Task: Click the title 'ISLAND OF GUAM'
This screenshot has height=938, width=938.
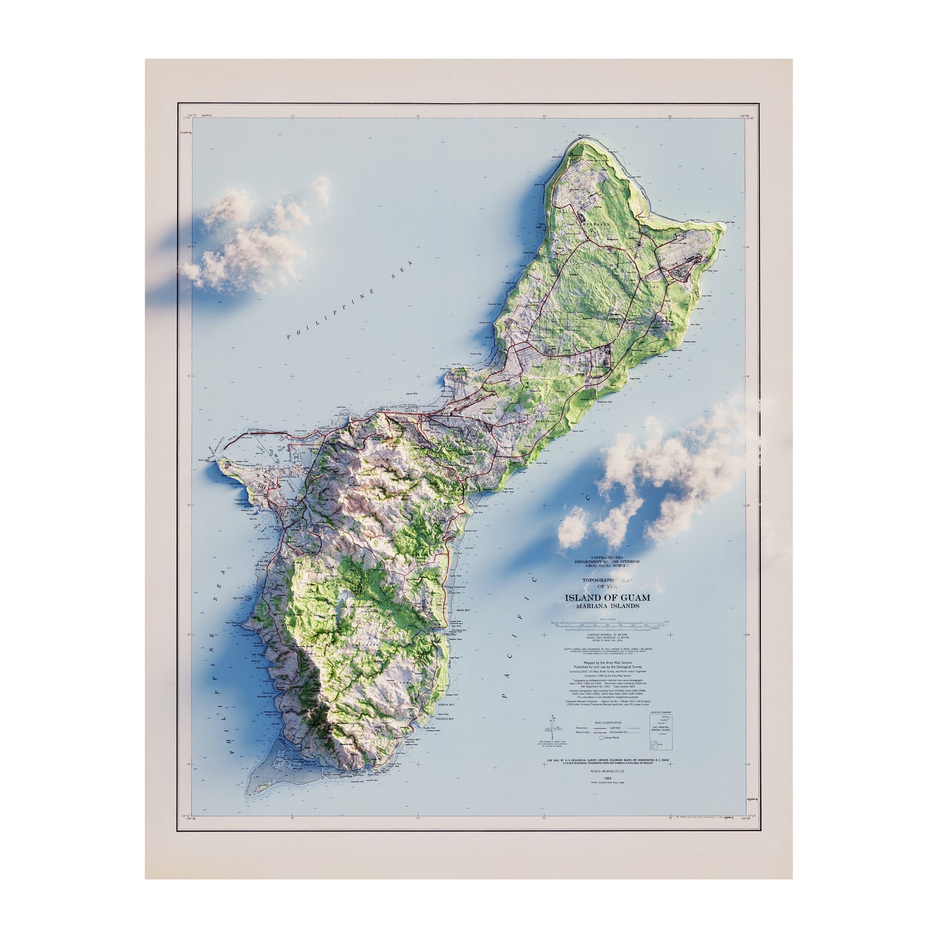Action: pos(607,597)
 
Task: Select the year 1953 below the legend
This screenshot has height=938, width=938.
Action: pos(607,778)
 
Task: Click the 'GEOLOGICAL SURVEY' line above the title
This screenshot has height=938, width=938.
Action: pos(607,566)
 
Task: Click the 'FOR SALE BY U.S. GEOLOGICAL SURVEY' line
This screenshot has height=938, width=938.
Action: pos(607,759)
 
